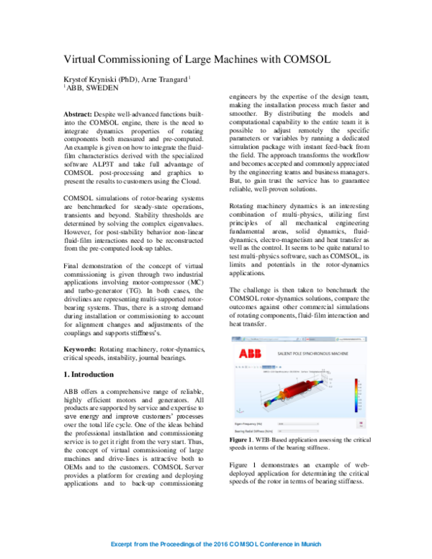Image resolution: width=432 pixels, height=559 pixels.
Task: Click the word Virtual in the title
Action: tap(83, 60)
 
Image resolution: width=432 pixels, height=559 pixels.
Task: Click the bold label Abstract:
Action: tap(78, 115)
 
